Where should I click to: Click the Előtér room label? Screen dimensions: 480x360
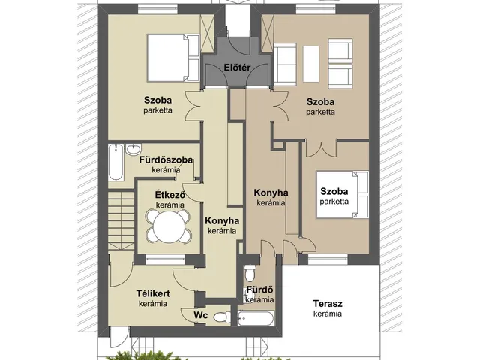click(x=237, y=67)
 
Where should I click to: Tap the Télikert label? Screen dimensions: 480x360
click(x=153, y=293)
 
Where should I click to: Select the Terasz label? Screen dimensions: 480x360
click(x=328, y=303)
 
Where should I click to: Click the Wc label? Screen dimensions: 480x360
click(x=201, y=315)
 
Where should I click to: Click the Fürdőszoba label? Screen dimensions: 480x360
click(x=166, y=160)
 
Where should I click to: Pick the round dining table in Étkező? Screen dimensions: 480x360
click(x=169, y=226)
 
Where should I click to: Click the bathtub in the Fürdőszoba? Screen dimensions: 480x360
click(x=116, y=162)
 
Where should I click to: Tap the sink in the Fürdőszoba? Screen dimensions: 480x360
click(x=133, y=149)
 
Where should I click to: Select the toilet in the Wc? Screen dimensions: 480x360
click(x=222, y=316)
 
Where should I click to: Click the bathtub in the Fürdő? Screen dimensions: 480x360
click(x=256, y=318)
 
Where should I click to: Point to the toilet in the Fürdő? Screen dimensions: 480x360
click(x=250, y=273)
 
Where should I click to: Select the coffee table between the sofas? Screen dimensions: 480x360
click(x=311, y=64)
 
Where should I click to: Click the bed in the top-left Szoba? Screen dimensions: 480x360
click(x=173, y=58)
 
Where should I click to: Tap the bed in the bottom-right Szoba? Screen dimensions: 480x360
click(x=342, y=195)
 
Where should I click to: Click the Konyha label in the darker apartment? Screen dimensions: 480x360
click(x=271, y=193)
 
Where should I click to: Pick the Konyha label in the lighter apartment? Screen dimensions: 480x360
click(x=222, y=221)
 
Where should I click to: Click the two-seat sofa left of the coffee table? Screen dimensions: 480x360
click(x=285, y=64)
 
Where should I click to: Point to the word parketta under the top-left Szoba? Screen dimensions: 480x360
click(x=158, y=110)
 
